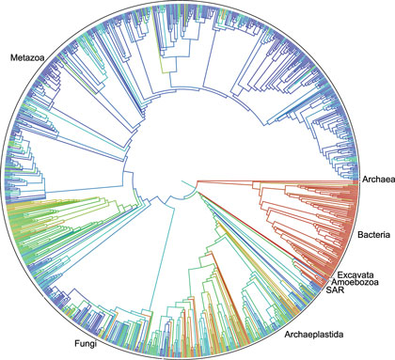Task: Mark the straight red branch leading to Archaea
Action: [x=282, y=182]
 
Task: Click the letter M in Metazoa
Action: [x=14, y=58]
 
